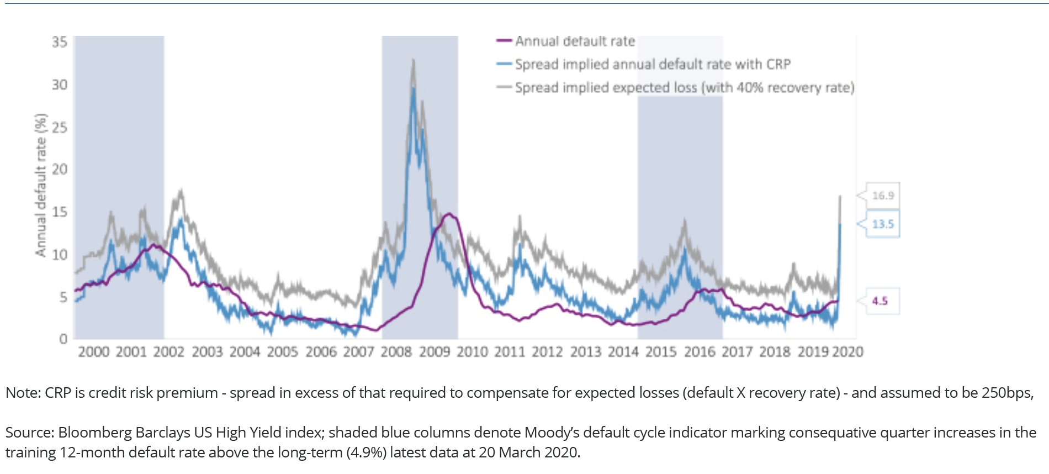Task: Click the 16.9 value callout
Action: pos(882,196)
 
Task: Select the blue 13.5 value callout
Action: pos(882,224)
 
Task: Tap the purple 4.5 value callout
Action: pos(880,301)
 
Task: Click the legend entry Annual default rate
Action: pos(574,41)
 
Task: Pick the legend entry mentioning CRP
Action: pos(652,65)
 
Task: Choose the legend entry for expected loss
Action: pos(684,88)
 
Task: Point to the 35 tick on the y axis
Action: pos(60,42)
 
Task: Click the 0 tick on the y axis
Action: pos(63,339)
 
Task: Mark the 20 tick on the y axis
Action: pos(60,169)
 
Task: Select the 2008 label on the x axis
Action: pos(396,352)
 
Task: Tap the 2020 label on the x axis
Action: pos(847,352)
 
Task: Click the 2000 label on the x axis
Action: pos(94,352)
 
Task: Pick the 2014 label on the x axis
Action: pos(623,352)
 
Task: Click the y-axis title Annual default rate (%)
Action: pos(40,186)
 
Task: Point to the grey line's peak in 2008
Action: pos(413,60)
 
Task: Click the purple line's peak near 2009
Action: pos(449,214)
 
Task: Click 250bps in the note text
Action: pos(1007,393)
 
